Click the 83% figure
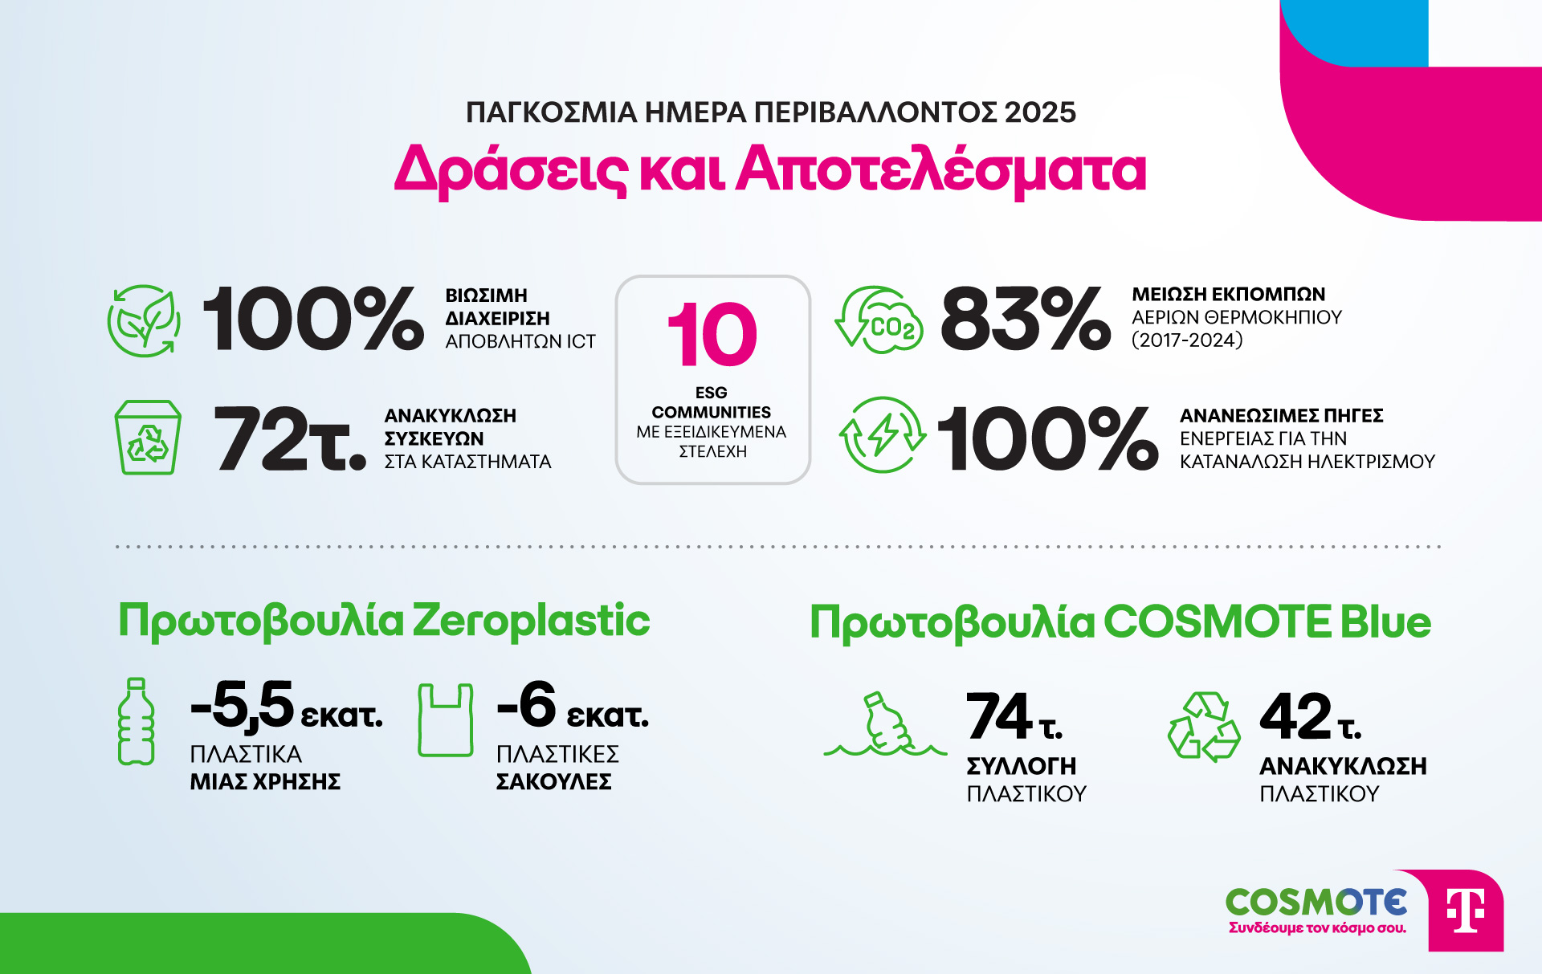1026,319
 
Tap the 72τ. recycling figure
289,438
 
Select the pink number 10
712,335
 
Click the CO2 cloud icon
880,321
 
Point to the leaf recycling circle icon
145,320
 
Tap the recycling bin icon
148,438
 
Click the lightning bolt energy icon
882,434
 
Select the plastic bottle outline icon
136,721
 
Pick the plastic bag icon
445,720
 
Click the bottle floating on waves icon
885,727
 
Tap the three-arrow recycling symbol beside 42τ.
1204,727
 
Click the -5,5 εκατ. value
286,707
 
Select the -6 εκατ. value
572,707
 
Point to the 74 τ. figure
1014,717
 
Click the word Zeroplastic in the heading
531,621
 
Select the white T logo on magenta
1465,911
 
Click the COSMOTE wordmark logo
1316,903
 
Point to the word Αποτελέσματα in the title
941,170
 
